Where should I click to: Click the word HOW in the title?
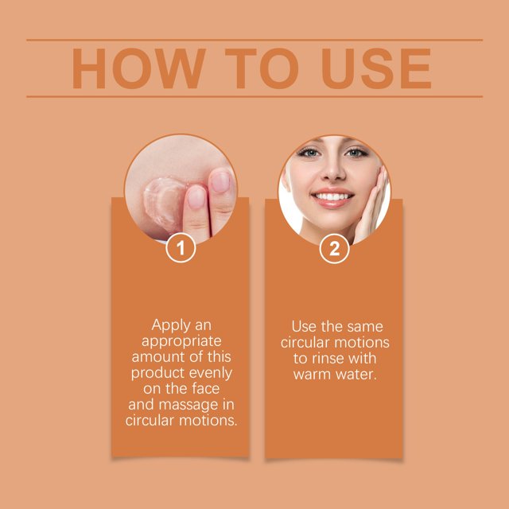pos(139,68)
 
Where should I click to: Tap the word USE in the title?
pos(376,68)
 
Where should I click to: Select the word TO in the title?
pos(262,68)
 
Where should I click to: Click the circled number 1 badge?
pos(181,248)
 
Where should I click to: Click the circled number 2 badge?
pos(334,249)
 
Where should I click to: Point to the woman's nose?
pos(333,171)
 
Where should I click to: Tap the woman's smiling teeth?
pos(332,196)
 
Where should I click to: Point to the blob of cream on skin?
pos(163,200)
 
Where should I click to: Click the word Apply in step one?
pos(171,325)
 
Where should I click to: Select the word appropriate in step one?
pos(181,342)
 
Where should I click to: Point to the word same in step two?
pos(365,327)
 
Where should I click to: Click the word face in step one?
pos(206,389)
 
